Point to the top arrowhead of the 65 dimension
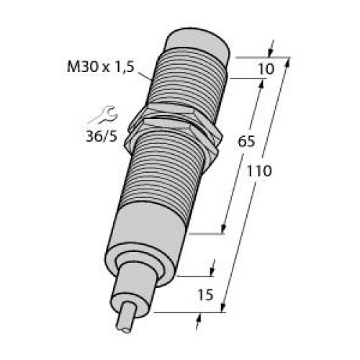coord(261,84)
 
